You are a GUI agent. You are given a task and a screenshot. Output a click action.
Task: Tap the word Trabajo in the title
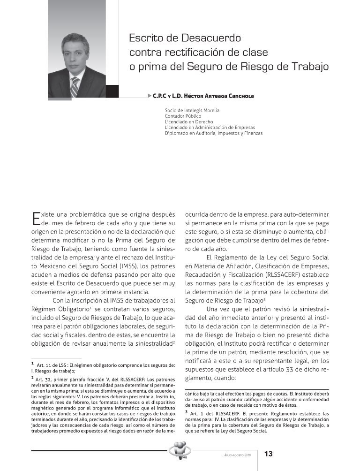click(306, 66)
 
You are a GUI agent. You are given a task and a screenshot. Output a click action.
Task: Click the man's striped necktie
click(75, 85)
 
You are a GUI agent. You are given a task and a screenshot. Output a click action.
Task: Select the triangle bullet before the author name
click(149, 96)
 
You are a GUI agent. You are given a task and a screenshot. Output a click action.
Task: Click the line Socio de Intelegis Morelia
click(192, 110)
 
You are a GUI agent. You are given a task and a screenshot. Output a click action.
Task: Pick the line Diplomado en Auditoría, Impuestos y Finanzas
click(213, 133)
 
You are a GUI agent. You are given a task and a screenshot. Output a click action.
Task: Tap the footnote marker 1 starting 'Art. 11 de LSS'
click(33, 363)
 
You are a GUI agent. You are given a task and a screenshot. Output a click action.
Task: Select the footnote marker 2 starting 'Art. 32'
click(33, 377)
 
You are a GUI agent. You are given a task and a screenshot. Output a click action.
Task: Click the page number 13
click(269, 454)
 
